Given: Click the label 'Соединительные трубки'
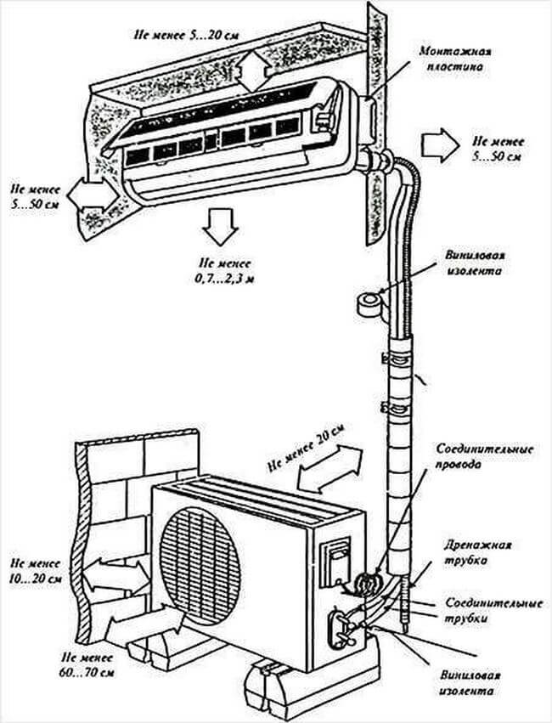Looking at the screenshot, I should point(492,611).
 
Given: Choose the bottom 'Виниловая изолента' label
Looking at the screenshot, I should point(476,682).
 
